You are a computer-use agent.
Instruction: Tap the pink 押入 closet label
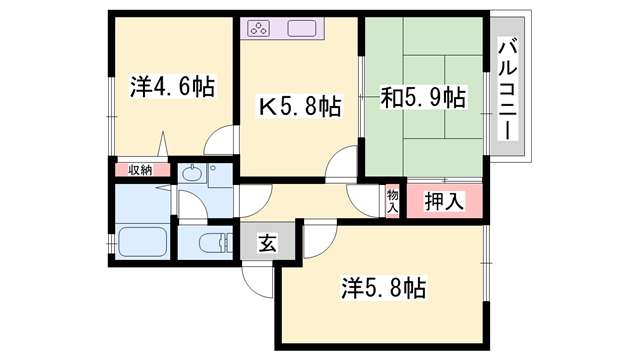pos(444,201)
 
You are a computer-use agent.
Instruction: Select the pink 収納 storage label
pos(140,169)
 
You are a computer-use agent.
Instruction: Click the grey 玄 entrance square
pos(269,243)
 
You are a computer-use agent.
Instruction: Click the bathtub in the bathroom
pos(142,242)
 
